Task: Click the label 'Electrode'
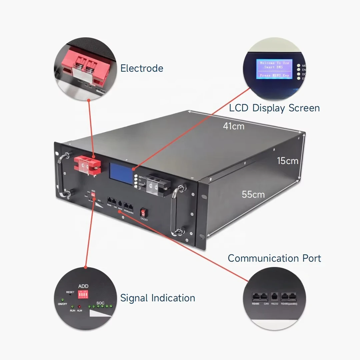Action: point(142,68)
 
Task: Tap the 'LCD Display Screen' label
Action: point(274,108)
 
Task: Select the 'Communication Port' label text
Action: point(274,258)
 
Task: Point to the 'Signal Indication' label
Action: point(158,298)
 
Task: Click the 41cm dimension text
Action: point(233,126)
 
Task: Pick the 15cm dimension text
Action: point(287,161)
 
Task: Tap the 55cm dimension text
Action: point(253,194)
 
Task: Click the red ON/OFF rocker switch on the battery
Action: point(144,212)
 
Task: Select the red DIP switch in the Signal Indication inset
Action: point(83,295)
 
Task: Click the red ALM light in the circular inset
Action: point(79,306)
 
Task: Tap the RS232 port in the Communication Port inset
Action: point(275,296)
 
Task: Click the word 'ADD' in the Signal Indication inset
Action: point(83,286)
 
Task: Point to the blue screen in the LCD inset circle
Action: point(274,69)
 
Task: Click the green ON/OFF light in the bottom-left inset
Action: point(62,300)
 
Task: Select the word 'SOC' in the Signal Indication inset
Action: point(100,303)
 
